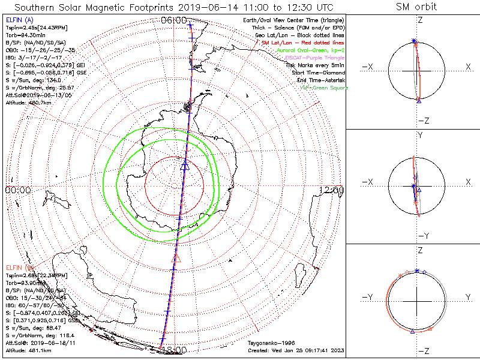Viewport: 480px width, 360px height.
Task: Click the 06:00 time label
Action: point(174,20)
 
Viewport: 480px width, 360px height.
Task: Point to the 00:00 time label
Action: point(17,190)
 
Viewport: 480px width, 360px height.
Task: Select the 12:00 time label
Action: point(332,190)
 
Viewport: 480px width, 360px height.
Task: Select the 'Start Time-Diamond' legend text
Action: point(317,73)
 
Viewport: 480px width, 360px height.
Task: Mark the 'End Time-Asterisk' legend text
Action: point(320,80)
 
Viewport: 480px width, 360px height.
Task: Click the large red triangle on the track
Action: point(176,257)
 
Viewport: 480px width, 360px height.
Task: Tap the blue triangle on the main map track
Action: point(185,166)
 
